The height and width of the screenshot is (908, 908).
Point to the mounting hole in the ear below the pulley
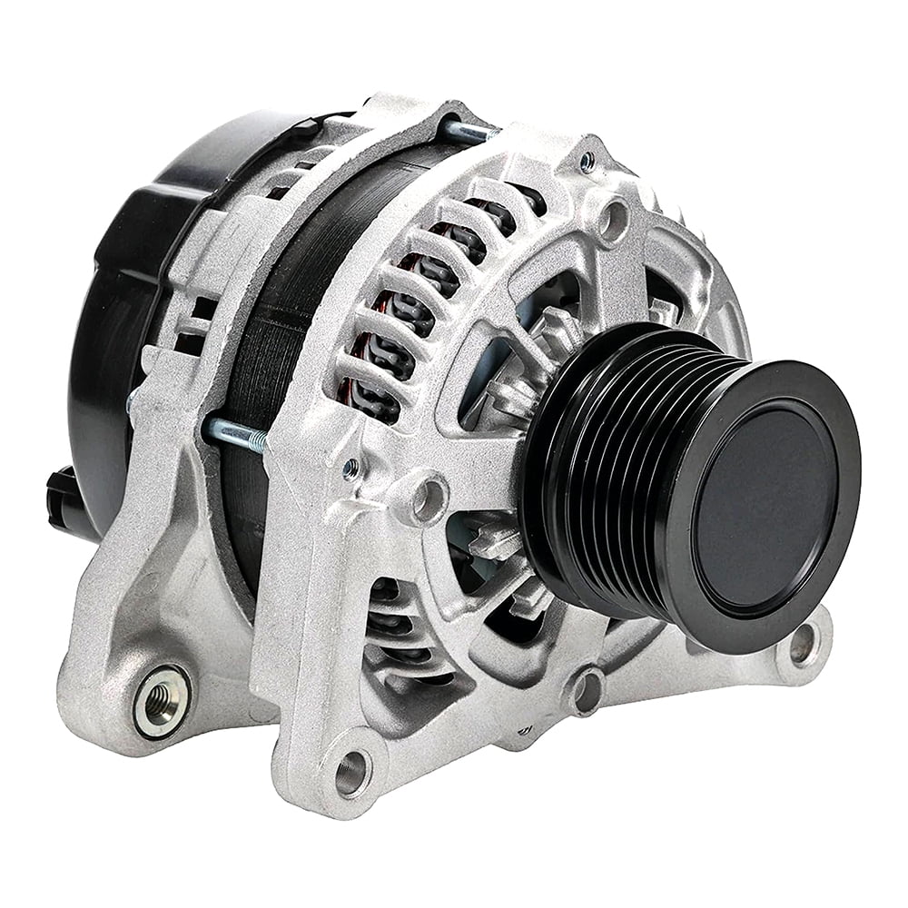click(803, 644)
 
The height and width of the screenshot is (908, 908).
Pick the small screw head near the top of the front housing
click(588, 162)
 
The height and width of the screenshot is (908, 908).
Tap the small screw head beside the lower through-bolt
click(350, 469)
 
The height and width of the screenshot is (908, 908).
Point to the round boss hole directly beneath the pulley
click(586, 690)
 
